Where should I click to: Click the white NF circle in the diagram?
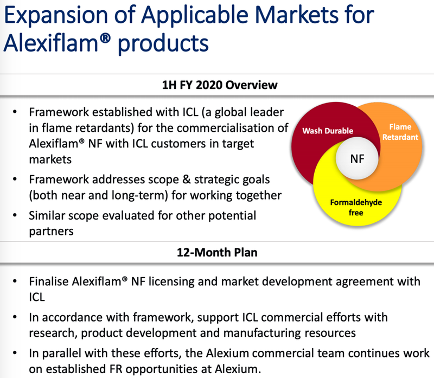[x=357, y=158]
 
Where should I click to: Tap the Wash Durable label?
[x=328, y=131]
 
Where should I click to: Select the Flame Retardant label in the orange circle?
[x=400, y=132]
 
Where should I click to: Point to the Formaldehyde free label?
[x=356, y=208]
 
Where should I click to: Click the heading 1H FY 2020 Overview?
[x=220, y=85]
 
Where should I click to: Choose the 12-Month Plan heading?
[x=217, y=252]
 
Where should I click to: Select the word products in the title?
[x=163, y=44]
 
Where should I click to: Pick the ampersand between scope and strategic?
[x=186, y=180]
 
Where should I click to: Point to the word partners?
[x=51, y=232]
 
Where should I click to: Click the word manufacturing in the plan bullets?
[x=262, y=333]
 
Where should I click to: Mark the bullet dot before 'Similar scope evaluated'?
[x=15, y=215]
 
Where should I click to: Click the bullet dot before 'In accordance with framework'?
[x=15, y=317]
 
